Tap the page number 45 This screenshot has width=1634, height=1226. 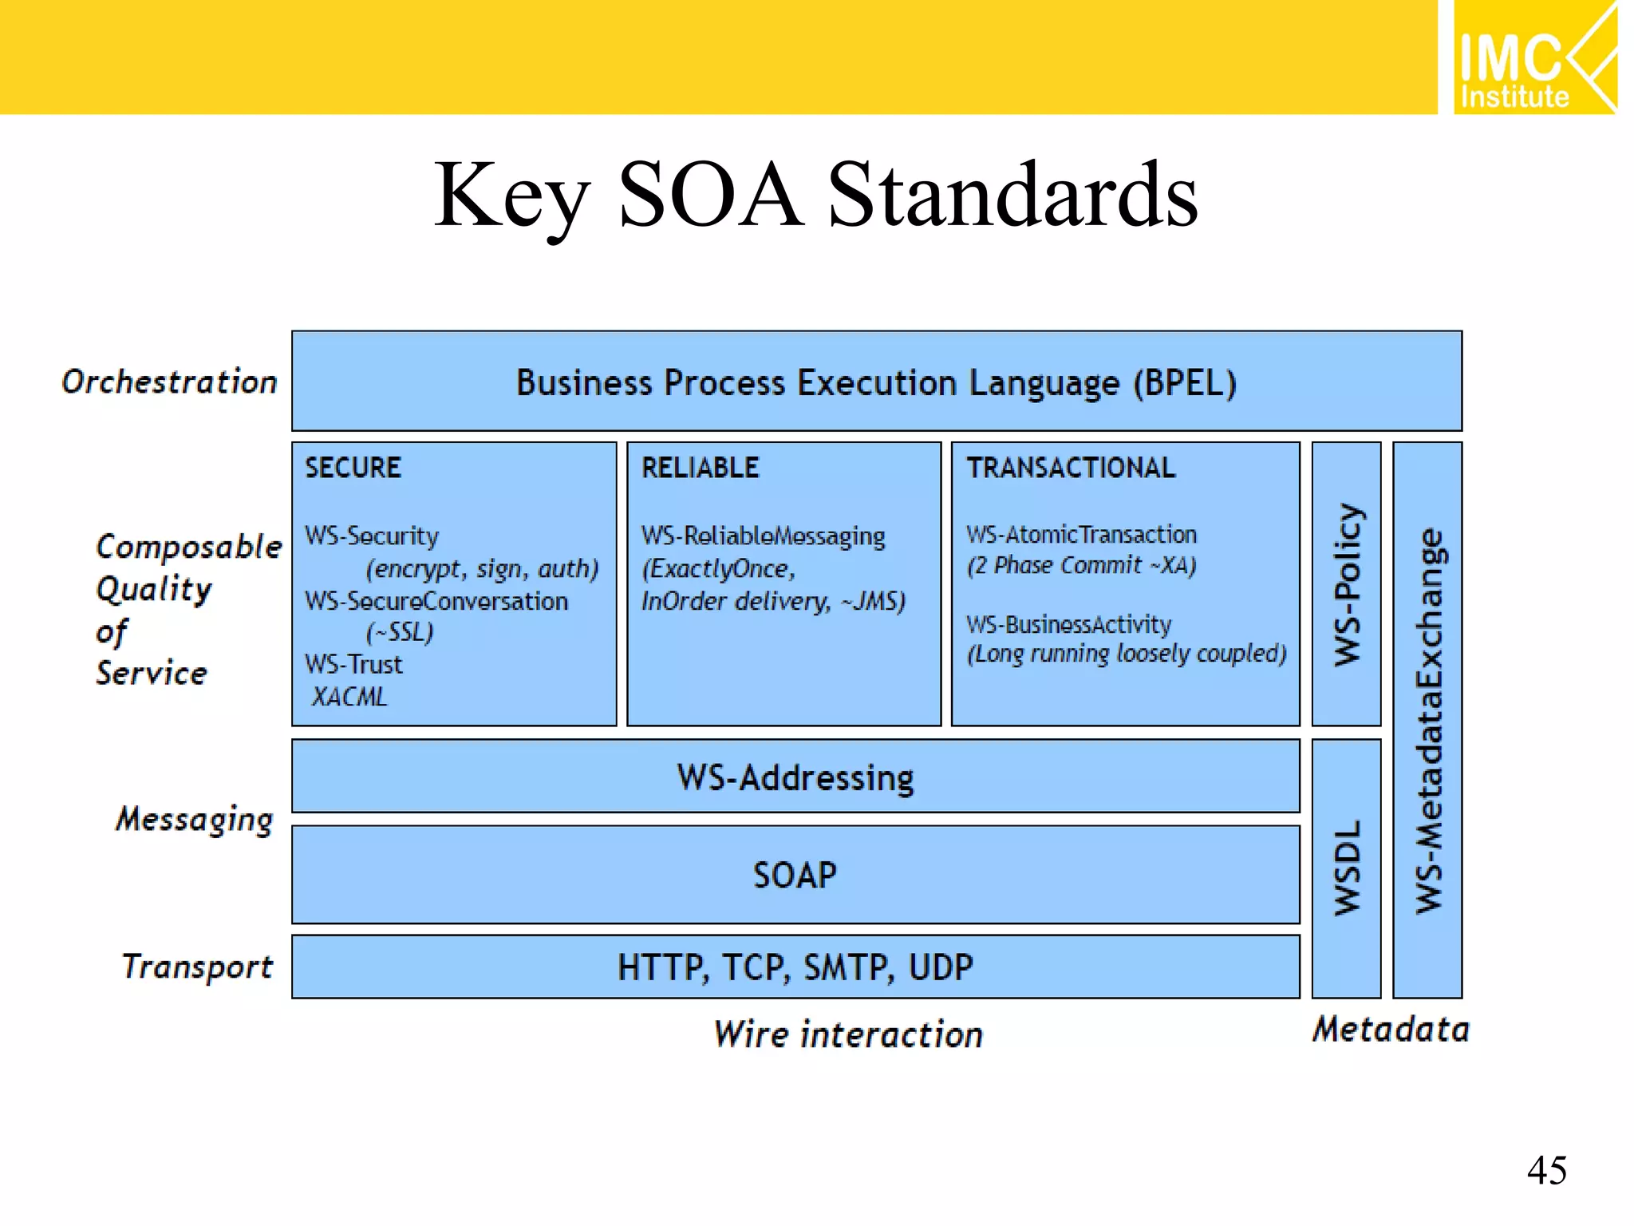[x=1546, y=1171]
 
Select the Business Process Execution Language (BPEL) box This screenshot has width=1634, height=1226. [x=876, y=382]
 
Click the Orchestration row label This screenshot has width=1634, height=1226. [x=169, y=382]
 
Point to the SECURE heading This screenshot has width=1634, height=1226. [x=353, y=468]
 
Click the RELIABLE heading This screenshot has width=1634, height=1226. [x=700, y=468]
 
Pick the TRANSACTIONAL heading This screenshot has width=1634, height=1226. [x=1071, y=468]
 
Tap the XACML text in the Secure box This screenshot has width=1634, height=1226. [x=349, y=697]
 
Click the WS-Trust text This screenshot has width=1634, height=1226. [x=353, y=664]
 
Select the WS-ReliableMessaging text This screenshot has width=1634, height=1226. [x=763, y=536]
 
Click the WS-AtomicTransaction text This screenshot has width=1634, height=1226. [x=1081, y=534]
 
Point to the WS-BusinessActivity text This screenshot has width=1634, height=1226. [x=1068, y=624]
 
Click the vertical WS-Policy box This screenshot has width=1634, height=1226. [x=1346, y=584]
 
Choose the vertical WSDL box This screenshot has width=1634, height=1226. [x=1346, y=868]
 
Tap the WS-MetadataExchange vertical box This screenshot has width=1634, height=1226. [x=1427, y=720]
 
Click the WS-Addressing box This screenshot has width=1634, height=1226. [x=795, y=777]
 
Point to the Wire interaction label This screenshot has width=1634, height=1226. [x=847, y=1034]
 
